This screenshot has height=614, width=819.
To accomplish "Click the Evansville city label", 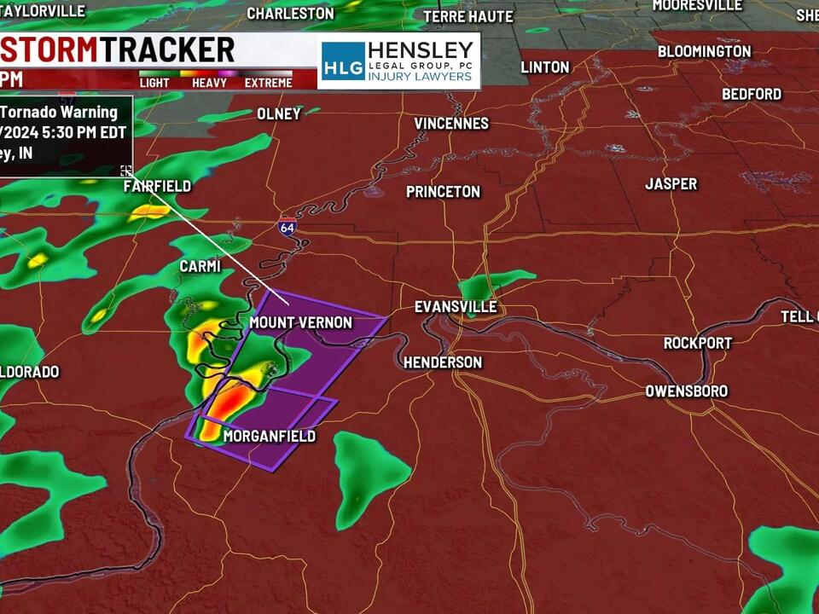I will pos(456,307).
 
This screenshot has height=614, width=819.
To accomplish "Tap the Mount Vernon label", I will pos(300,322).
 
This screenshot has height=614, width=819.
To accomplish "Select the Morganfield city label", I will pos(269,437).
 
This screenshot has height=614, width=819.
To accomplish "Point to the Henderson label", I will pos(443,362).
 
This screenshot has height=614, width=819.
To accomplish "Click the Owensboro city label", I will pos(686,391).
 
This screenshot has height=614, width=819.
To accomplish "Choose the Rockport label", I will pos(698,343).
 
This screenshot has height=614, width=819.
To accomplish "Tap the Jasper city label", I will pos(671,184).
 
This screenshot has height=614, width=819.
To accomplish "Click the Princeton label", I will pos(443,192).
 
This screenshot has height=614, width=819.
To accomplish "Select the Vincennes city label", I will pos(451,124).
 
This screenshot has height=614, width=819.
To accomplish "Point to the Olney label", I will pos(279,114).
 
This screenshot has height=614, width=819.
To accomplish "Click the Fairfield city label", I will pos(157,186).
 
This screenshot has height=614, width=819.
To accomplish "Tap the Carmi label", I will pos(200,267).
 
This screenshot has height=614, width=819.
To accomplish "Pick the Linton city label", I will pos(544,67).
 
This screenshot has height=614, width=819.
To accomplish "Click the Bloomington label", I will pos(704,51).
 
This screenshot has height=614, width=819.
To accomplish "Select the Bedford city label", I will pos(752,94).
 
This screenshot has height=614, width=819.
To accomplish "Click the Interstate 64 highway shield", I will pos(287,228).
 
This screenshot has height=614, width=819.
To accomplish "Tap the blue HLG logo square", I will pos(343,61).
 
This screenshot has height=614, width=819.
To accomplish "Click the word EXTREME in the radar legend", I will pos(268,83).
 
